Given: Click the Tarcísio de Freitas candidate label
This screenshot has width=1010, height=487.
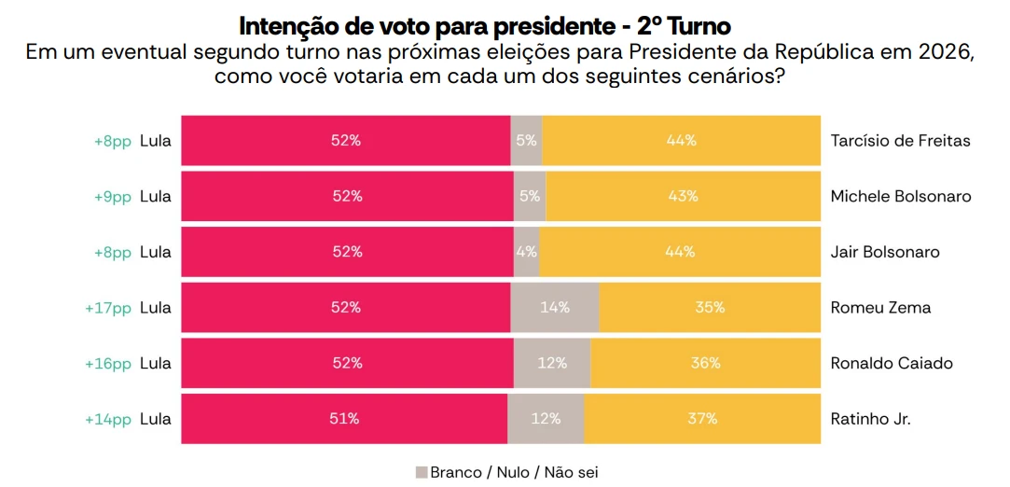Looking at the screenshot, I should (x=900, y=141).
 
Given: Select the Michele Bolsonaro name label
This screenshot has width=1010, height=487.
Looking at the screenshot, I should (x=900, y=197).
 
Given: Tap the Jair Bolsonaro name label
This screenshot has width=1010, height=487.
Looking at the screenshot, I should (x=884, y=252).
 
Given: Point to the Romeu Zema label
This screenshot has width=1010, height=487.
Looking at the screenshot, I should (x=880, y=308).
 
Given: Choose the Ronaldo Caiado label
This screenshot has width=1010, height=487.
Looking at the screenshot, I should (x=892, y=363).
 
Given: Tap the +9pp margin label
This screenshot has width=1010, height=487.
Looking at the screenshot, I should (x=113, y=197).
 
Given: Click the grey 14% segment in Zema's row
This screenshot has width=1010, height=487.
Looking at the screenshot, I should (x=555, y=308).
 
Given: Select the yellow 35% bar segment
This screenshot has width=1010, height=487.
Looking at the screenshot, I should (x=710, y=308).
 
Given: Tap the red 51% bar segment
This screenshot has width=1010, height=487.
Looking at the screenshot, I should (x=344, y=419).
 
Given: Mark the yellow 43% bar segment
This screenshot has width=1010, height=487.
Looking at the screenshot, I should (x=683, y=197).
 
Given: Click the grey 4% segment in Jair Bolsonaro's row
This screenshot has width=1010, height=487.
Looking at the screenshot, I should (x=527, y=252).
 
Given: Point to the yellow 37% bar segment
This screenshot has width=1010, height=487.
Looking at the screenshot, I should (x=701, y=419).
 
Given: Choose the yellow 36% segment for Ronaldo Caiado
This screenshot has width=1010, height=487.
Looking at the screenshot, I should (x=705, y=363).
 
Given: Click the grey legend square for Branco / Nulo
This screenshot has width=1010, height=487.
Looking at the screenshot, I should (x=421, y=472).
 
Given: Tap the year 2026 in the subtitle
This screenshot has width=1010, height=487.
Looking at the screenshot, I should (x=942, y=52).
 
